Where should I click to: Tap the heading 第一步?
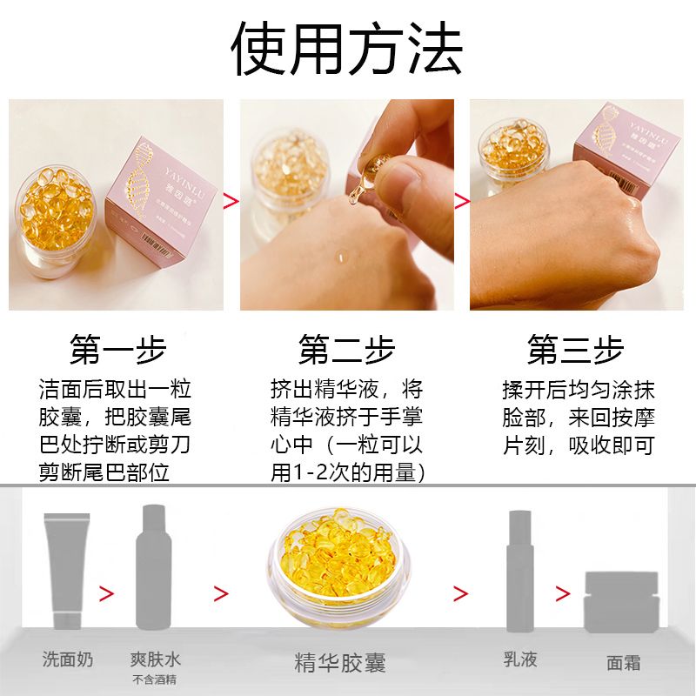(x=118, y=350)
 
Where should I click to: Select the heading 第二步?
(x=346, y=350)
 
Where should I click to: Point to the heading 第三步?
(x=576, y=350)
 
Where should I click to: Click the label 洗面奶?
(x=68, y=659)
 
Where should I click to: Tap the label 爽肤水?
(x=156, y=659)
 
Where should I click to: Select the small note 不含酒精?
(x=155, y=679)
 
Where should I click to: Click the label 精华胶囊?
(x=340, y=663)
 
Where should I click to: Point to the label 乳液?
(x=520, y=659)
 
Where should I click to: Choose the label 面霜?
(x=624, y=663)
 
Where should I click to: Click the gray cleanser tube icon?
(x=67, y=571)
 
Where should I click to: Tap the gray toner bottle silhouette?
(x=154, y=567)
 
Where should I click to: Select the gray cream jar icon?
(x=621, y=601)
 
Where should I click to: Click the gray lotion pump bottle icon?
(x=520, y=572)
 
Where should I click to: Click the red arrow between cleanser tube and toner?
(x=106, y=593)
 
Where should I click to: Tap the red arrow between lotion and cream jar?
(x=563, y=593)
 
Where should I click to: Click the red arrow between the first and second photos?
(x=231, y=201)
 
